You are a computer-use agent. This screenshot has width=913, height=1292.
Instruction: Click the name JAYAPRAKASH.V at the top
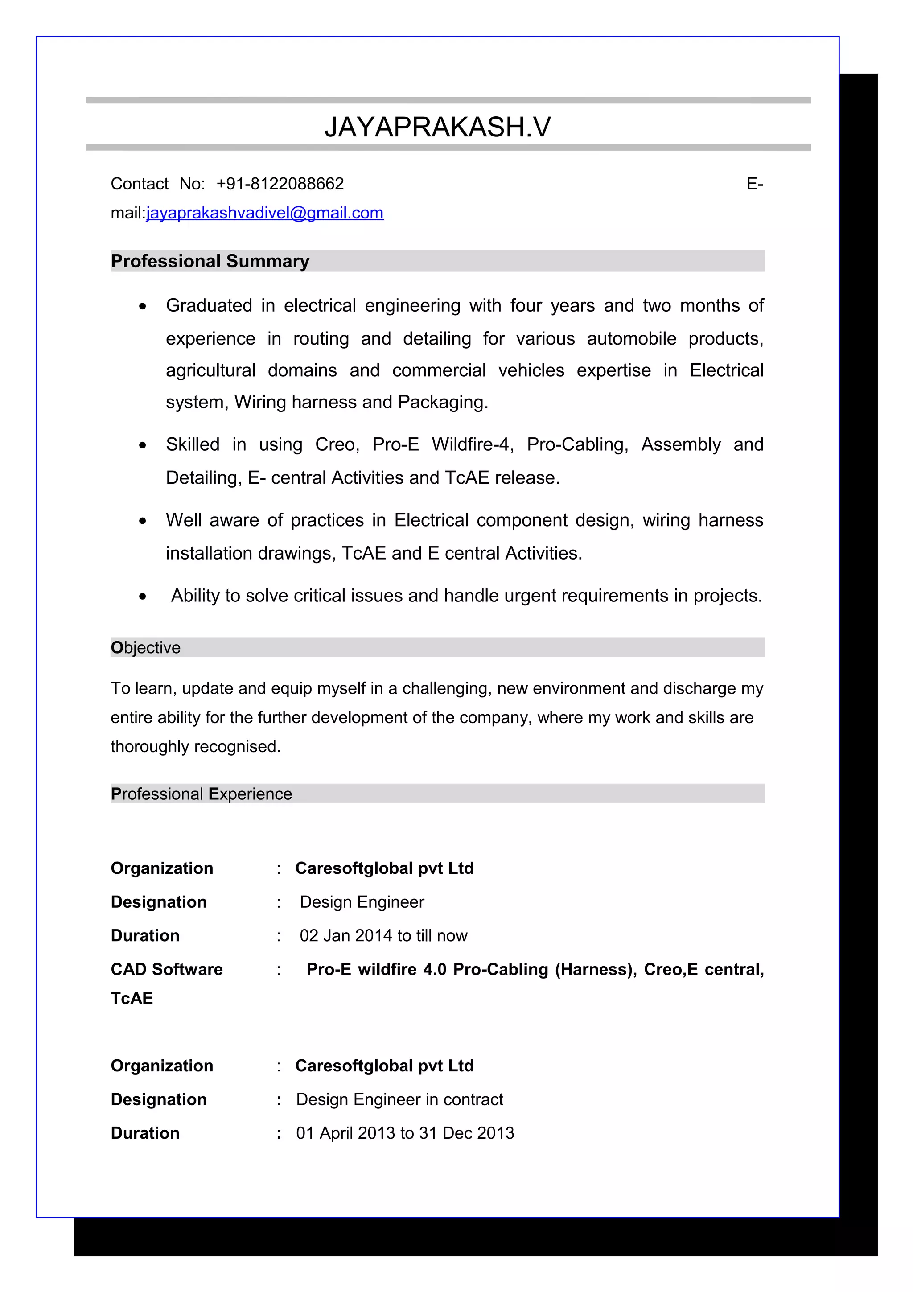[x=438, y=127]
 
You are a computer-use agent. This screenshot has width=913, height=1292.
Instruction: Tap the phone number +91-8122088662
[x=280, y=184]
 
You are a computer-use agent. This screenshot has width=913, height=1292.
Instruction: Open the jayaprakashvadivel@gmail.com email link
[x=264, y=213]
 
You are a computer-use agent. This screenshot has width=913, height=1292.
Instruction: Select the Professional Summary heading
[x=210, y=261]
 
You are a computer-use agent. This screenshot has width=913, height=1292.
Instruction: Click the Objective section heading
[x=146, y=648]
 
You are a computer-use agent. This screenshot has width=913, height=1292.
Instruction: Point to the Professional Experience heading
[x=202, y=794]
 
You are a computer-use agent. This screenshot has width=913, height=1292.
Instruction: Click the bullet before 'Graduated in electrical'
[x=143, y=307]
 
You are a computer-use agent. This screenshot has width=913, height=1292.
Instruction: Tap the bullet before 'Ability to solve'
[x=143, y=597]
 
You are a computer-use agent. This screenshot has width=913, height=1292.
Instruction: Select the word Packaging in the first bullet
[x=442, y=402]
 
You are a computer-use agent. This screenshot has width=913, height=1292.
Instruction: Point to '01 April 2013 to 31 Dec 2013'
[x=405, y=1133]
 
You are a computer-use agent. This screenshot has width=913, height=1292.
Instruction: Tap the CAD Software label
[x=167, y=970]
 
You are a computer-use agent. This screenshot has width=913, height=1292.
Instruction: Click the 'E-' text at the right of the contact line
[x=754, y=184]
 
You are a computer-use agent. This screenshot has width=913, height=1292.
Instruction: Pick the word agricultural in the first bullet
[x=210, y=371]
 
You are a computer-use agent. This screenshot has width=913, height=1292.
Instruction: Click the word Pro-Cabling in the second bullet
[x=576, y=444]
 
